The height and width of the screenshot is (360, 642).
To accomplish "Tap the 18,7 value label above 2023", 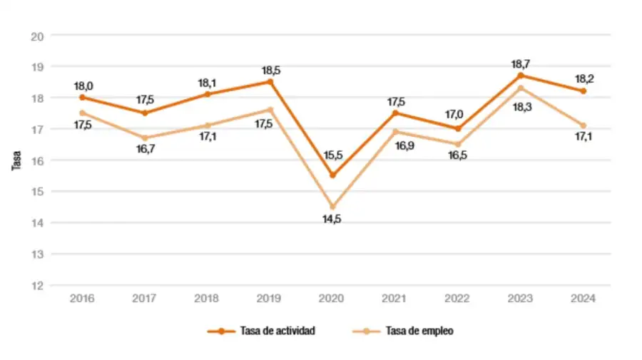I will point(521,64).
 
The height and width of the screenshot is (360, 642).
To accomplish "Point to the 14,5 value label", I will point(332,219).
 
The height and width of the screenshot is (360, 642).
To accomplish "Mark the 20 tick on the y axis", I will point(38,36).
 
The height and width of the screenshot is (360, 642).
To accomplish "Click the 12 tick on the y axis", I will point(38,285).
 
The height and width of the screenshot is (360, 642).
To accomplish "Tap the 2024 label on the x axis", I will point(584,299).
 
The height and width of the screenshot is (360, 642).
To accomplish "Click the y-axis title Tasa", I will point(16,160).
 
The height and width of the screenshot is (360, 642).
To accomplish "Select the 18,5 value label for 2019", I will point(270,71).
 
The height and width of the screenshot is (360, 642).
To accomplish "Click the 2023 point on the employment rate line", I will point(521,88).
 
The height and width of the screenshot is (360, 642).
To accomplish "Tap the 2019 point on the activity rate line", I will point(270,81).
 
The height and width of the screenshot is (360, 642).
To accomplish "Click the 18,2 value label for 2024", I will point(584,79).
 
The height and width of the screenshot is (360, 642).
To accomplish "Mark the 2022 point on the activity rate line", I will point(458,128).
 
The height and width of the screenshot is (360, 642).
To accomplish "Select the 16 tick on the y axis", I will point(38,160).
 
